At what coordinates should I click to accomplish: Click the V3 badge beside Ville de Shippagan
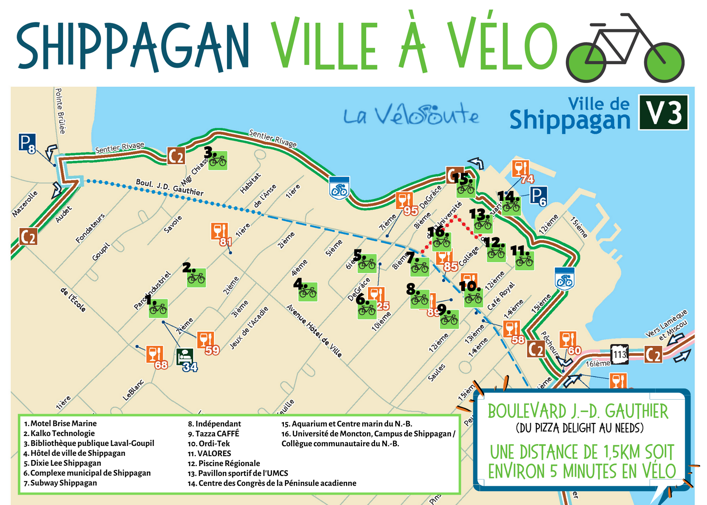click(x=663, y=112)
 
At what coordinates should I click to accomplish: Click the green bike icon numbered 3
click(x=218, y=161)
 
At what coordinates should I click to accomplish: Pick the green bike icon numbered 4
click(x=308, y=292)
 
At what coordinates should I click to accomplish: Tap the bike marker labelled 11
click(x=525, y=261)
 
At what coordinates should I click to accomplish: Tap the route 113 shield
click(x=619, y=354)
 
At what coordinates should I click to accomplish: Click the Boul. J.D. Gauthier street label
click(x=170, y=187)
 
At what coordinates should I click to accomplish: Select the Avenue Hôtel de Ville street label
click(x=314, y=331)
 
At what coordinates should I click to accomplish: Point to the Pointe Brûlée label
click(x=60, y=111)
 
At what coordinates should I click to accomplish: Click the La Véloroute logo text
click(x=411, y=115)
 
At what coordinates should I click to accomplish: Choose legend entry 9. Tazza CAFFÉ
click(x=214, y=434)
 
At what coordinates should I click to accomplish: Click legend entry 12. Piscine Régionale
click(x=224, y=463)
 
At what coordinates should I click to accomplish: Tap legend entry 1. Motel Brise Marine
click(x=60, y=424)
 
